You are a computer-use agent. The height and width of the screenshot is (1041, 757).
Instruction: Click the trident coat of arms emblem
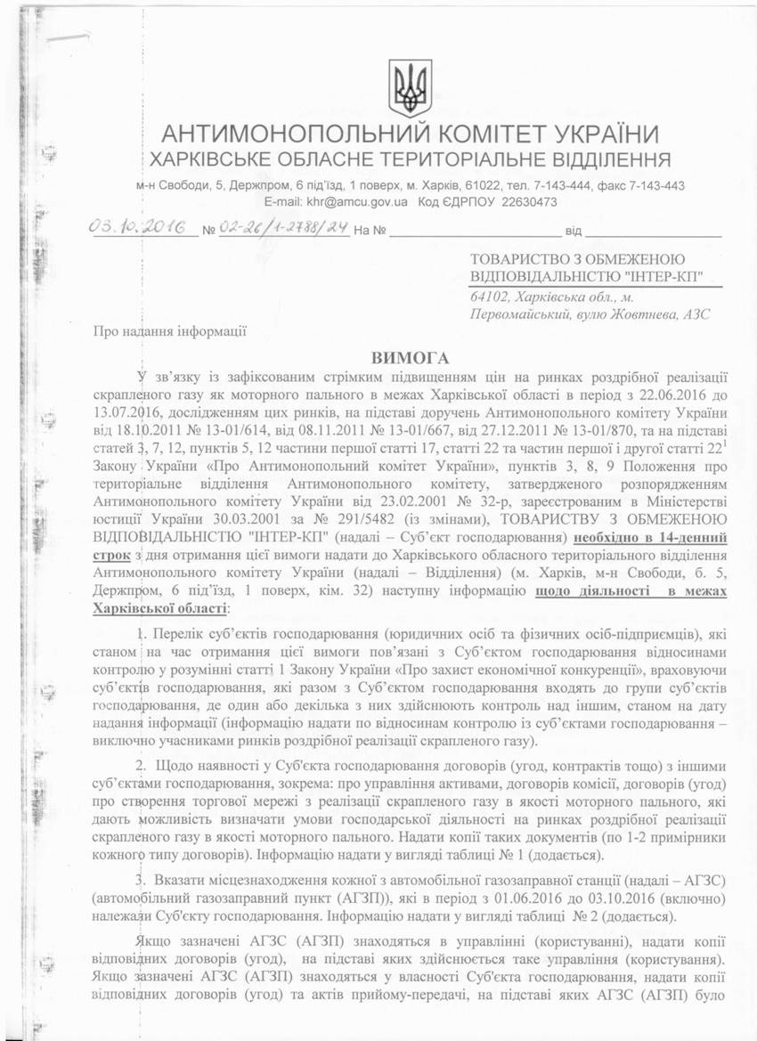point(411,88)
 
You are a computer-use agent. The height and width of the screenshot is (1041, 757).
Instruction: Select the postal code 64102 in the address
point(488,297)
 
